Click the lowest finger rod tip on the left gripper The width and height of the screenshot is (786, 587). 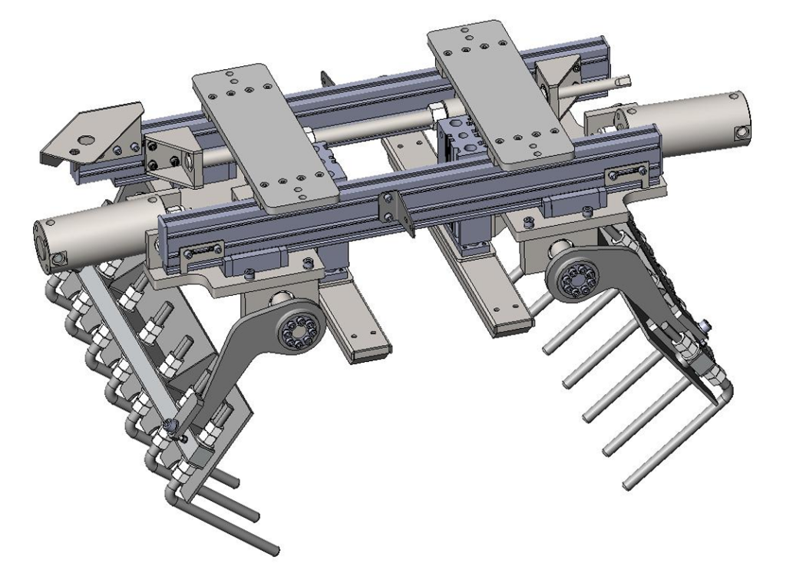point(273,550)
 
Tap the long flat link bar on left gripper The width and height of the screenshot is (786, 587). point(123,346)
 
